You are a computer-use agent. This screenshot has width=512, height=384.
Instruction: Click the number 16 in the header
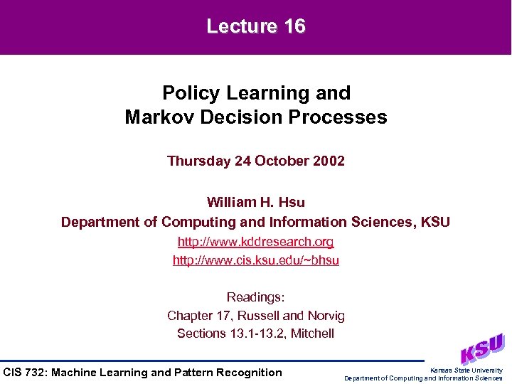(x=294, y=27)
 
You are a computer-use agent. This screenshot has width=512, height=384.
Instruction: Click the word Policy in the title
(x=187, y=93)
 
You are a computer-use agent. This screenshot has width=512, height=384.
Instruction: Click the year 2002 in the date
(x=329, y=161)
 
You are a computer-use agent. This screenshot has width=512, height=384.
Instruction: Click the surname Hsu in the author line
(x=292, y=203)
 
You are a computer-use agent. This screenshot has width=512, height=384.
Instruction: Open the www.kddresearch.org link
(x=256, y=242)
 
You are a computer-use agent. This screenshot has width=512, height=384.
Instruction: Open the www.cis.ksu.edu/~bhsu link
(x=256, y=260)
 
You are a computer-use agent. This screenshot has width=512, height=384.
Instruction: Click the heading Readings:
(x=256, y=297)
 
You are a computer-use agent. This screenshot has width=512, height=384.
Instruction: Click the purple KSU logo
(x=481, y=348)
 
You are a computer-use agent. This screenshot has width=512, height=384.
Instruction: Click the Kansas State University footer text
(x=466, y=370)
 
